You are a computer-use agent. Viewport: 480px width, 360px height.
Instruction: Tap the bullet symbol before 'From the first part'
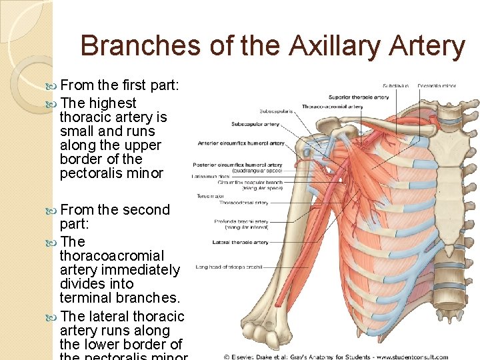[x=53, y=86]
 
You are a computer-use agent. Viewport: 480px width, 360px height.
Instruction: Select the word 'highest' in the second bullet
[x=113, y=103]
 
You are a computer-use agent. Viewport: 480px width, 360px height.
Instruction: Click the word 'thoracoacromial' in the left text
[x=111, y=256]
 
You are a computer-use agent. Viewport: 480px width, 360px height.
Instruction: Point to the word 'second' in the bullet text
[x=145, y=210]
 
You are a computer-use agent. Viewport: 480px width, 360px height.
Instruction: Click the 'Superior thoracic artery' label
[x=359, y=97]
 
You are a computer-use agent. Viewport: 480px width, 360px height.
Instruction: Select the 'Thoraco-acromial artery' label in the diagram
[x=332, y=107]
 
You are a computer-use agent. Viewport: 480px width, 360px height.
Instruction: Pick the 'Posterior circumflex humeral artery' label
[x=237, y=165]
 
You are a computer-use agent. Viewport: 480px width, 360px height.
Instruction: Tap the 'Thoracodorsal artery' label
[x=243, y=203]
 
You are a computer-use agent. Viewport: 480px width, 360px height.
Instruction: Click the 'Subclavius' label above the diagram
[x=395, y=85]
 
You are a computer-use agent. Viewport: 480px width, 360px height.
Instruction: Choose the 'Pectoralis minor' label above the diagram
[x=436, y=85]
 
